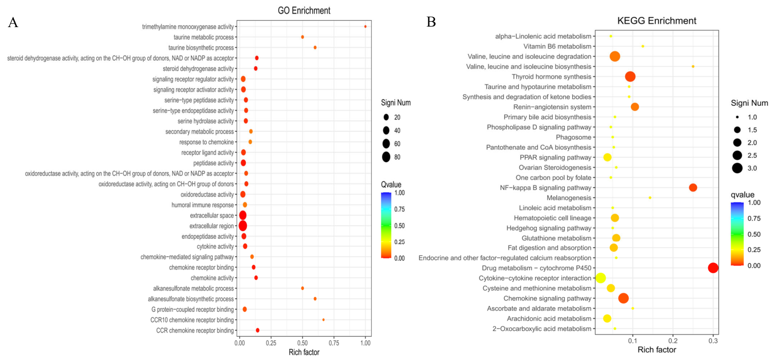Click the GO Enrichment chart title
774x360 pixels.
point(304,11)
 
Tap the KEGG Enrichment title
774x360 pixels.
point(656,21)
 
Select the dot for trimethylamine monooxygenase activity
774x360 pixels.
point(365,27)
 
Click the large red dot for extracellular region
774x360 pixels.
point(243,226)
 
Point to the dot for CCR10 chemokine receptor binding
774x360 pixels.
point(323,320)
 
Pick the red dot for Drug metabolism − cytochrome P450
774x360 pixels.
point(713,268)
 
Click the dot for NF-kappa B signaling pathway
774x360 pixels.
point(693,188)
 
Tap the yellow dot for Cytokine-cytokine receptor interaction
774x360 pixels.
point(601,278)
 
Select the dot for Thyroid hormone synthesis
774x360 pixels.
point(630,77)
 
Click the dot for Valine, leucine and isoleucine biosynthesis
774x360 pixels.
point(693,66)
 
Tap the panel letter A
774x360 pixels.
point(13,22)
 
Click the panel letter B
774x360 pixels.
point(431,22)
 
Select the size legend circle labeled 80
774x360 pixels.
point(386,157)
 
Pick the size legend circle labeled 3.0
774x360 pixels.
point(737,168)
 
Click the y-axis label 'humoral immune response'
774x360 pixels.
point(203,205)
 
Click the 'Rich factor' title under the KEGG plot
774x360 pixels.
point(656,350)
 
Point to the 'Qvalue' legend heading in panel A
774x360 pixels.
point(391,185)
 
